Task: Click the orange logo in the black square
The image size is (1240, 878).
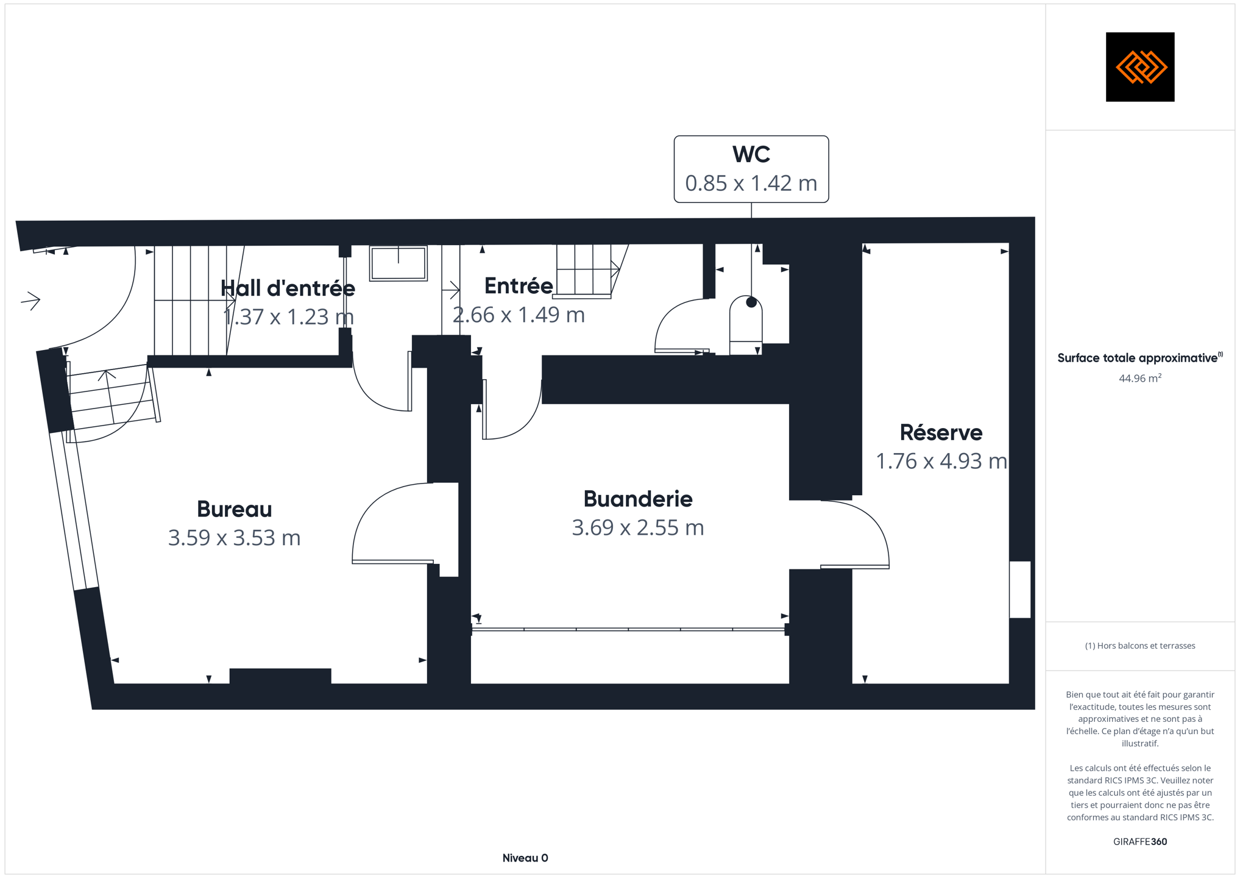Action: pyautogui.click(x=1141, y=67)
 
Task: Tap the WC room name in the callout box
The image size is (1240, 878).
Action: pyautogui.click(x=751, y=154)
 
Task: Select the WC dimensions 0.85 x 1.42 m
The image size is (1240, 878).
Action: pyautogui.click(x=751, y=183)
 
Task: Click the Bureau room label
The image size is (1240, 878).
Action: pyautogui.click(x=234, y=509)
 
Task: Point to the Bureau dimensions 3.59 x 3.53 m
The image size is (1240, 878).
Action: pyautogui.click(x=234, y=538)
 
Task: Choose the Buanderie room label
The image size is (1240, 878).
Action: pyautogui.click(x=638, y=499)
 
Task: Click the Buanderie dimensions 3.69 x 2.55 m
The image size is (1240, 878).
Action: pyautogui.click(x=638, y=527)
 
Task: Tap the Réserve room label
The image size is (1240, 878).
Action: pyautogui.click(x=941, y=432)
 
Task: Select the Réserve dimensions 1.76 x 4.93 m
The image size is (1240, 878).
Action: pyautogui.click(x=941, y=461)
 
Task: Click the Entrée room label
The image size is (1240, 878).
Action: pyautogui.click(x=519, y=285)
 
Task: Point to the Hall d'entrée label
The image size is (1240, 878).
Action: pyautogui.click(x=288, y=288)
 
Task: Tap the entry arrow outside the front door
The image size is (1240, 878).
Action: pyautogui.click(x=30, y=300)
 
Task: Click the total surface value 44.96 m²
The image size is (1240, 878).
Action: pyautogui.click(x=1140, y=378)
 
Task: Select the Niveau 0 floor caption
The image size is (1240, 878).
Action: pyautogui.click(x=525, y=858)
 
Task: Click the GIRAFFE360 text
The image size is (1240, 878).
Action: pyautogui.click(x=1140, y=841)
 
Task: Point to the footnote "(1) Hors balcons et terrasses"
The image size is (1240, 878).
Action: pyautogui.click(x=1140, y=646)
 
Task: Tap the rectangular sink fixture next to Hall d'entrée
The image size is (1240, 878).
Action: pyautogui.click(x=399, y=263)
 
